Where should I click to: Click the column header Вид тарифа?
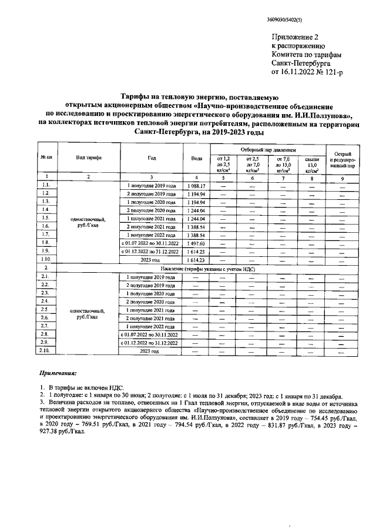click(88, 158)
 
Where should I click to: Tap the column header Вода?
click(196, 158)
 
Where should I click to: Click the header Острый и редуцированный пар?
click(342, 158)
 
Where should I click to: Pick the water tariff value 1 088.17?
click(196, 186)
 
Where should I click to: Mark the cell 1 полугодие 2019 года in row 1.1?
click(151, 186)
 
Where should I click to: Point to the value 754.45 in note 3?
click(311, 413)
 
